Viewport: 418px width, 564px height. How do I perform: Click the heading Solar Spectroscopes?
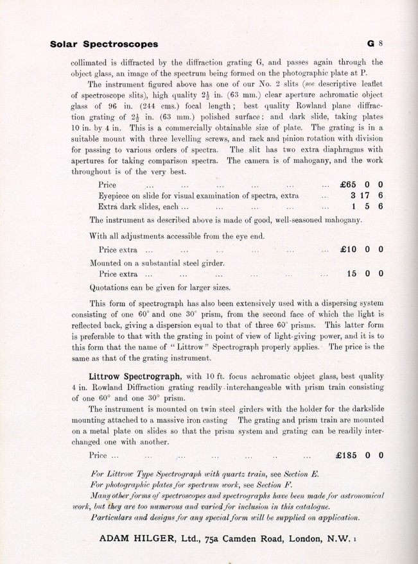pos(104,44)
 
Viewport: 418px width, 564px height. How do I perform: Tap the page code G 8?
pos(374,44)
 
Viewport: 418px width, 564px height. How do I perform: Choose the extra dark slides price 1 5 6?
pos(367,207)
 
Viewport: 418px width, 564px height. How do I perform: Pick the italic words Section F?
pos(263,486)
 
